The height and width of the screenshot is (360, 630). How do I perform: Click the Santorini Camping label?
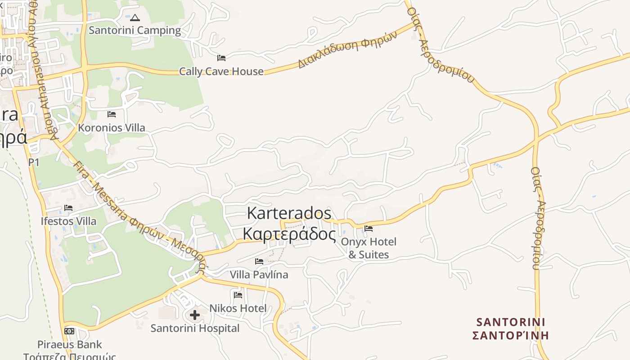click(x=135, y=31)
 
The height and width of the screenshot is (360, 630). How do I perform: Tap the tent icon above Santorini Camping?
click(x=135, y=18)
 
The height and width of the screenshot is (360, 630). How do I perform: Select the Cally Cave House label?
click(x=221, y=71)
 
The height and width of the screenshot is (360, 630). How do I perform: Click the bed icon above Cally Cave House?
click(x=221, y=58)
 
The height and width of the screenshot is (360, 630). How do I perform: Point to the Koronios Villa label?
click(x=112, y=128)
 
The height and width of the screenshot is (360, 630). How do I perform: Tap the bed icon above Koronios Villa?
click(x=112, y=114)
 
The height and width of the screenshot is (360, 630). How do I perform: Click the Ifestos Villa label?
click(x=68, y=221)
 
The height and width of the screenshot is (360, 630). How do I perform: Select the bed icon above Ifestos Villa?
click(x=68, y=208)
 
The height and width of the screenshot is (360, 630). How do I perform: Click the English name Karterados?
click(x=289, y=213)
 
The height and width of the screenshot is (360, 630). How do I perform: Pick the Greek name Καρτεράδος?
click(x=289, y=234)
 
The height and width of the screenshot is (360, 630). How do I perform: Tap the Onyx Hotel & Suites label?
click(x=369, y=248)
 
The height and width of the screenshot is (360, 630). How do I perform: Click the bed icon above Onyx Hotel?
click(x=369, y=229)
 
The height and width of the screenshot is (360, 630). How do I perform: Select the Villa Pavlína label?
click(x=259, y=274)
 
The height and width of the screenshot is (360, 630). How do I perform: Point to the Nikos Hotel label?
click(x=238, y=308)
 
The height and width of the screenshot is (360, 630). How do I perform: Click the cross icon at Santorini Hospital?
click(x=195, y=315)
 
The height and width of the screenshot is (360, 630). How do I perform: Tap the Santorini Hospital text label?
click(x=195, y=328)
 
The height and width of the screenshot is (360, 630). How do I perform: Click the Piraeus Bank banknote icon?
click(x=69, y=331)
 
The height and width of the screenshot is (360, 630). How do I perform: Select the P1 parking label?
click(x=34, y=162)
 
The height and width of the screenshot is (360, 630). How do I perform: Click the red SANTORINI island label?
click(x=511, y=322)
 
